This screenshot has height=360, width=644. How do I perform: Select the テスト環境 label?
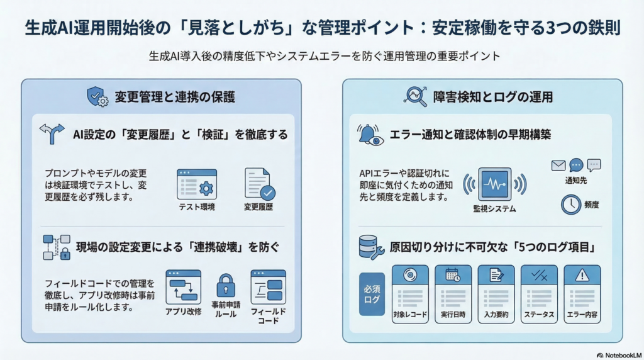[197, 206]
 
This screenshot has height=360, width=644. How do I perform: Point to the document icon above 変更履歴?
[258, 183]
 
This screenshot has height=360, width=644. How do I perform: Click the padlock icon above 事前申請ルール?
[225, 286]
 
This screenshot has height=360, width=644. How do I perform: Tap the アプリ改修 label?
[183, 311]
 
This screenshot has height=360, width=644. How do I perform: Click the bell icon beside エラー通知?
[369, 135]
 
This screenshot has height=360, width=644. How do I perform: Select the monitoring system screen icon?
[494, 183]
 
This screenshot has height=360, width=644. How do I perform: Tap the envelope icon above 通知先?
[558, 166]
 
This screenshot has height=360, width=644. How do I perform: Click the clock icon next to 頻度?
[570, 204]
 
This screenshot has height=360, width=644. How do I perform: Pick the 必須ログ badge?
[371, 294]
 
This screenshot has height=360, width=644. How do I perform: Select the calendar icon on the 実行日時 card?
[453, 274]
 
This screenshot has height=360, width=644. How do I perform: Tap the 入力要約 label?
[496, 313]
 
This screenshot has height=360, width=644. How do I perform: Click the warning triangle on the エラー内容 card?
[582, 274]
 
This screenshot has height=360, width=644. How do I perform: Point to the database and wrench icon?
[370, 247]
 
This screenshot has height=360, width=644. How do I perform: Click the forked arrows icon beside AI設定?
[52, 134]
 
